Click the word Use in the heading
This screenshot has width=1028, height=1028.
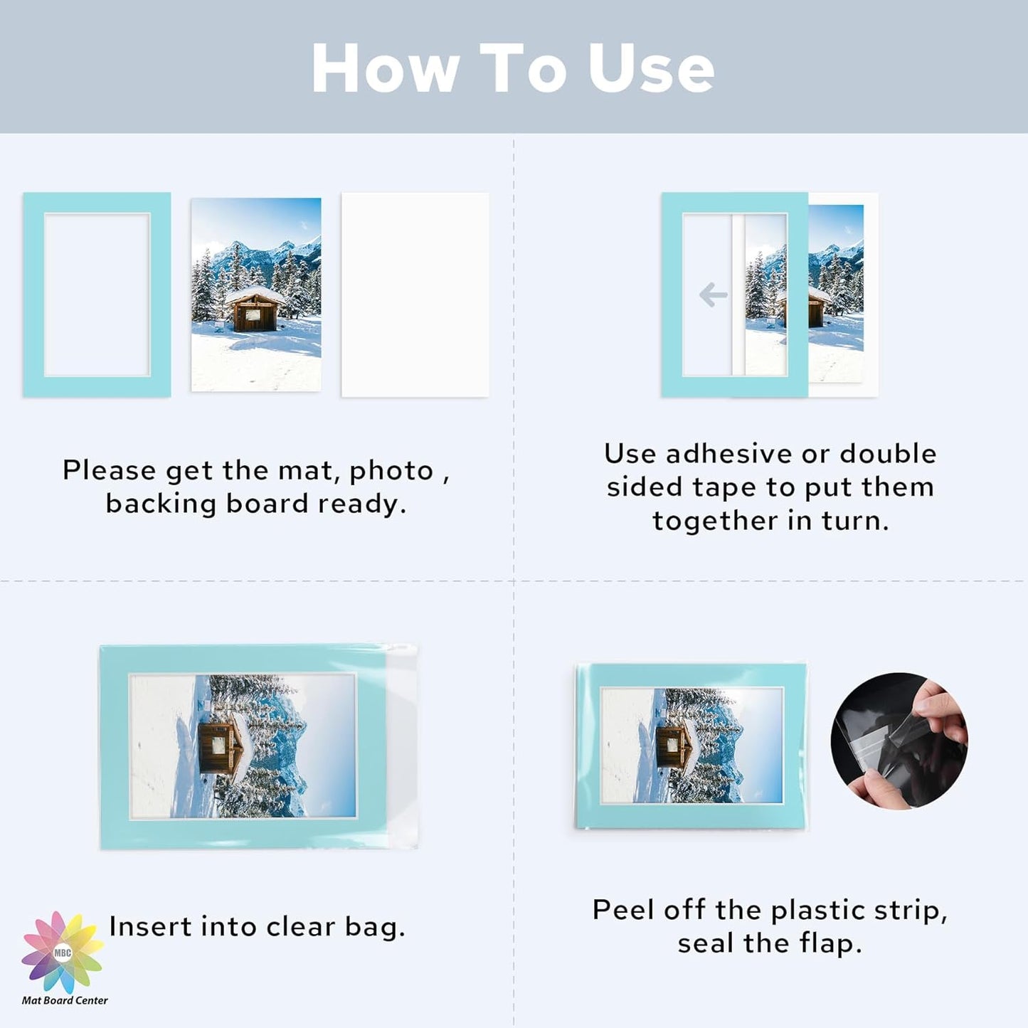coord(651,68)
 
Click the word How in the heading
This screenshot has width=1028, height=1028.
coord(386,68)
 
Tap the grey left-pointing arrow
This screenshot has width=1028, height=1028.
coord(713,295)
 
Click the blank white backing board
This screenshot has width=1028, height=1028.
coord(415,295)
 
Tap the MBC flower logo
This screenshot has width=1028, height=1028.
coord(63,952)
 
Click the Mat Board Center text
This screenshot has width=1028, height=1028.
coord(65,1000)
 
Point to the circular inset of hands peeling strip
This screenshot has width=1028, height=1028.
coord(899,741)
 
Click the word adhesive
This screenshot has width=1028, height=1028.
coord(728,454)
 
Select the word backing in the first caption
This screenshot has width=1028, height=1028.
coord(161,504)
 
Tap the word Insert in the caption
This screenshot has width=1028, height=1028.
coord(150,926)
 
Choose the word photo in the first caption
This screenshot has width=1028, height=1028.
coord(391,471)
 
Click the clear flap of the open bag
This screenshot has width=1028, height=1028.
coord(402,747)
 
